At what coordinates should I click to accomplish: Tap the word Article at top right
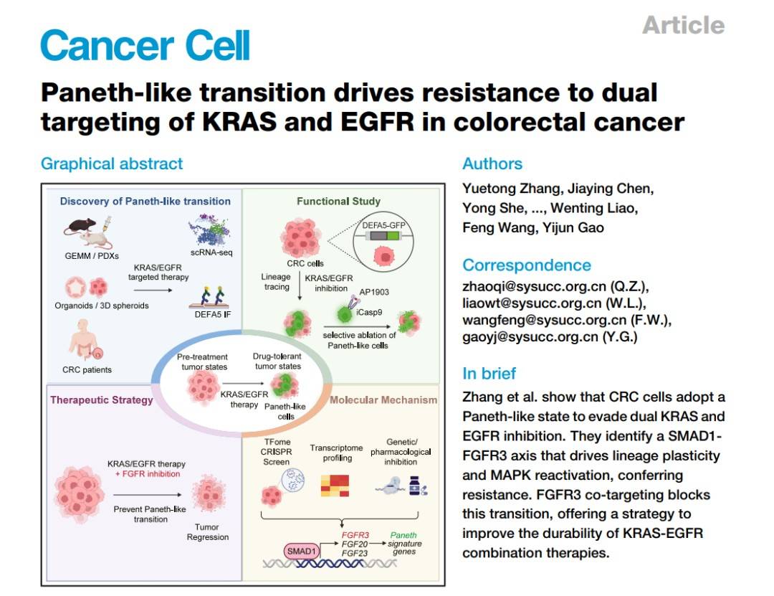[x=683, y=25]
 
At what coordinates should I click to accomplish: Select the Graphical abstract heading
[x=112, y=164]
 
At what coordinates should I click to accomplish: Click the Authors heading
[x=492, y=164]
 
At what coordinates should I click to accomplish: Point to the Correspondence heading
[x=527, y=265]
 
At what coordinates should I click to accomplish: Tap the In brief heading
[x=489, y=373]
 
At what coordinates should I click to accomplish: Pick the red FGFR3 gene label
[x=355, y=535]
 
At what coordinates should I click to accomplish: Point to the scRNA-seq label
[x=212, y=252]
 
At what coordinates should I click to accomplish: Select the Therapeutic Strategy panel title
[x=101, y=399]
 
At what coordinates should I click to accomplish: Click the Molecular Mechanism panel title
[x=383, y=399]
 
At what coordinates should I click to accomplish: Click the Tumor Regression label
[x=207, y=532]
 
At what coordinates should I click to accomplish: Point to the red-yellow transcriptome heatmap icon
[x=335, y=486]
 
